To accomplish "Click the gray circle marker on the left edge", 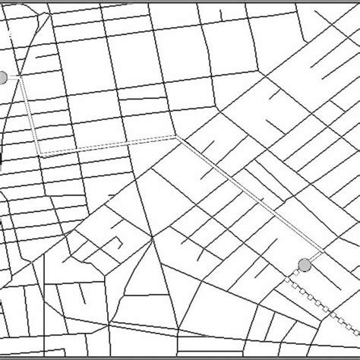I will (x=3, y=77).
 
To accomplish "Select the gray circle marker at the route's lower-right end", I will (x=305, y=264).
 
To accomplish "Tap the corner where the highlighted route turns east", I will (x=42, y=154).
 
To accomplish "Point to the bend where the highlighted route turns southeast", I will (x=176, y=137).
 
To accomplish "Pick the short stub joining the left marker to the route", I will (x=13, y=77).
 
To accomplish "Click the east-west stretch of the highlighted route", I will (x=106, y=146).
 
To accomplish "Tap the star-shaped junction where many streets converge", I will (x=153, y=238).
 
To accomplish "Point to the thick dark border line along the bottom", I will (x=180, y=355).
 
